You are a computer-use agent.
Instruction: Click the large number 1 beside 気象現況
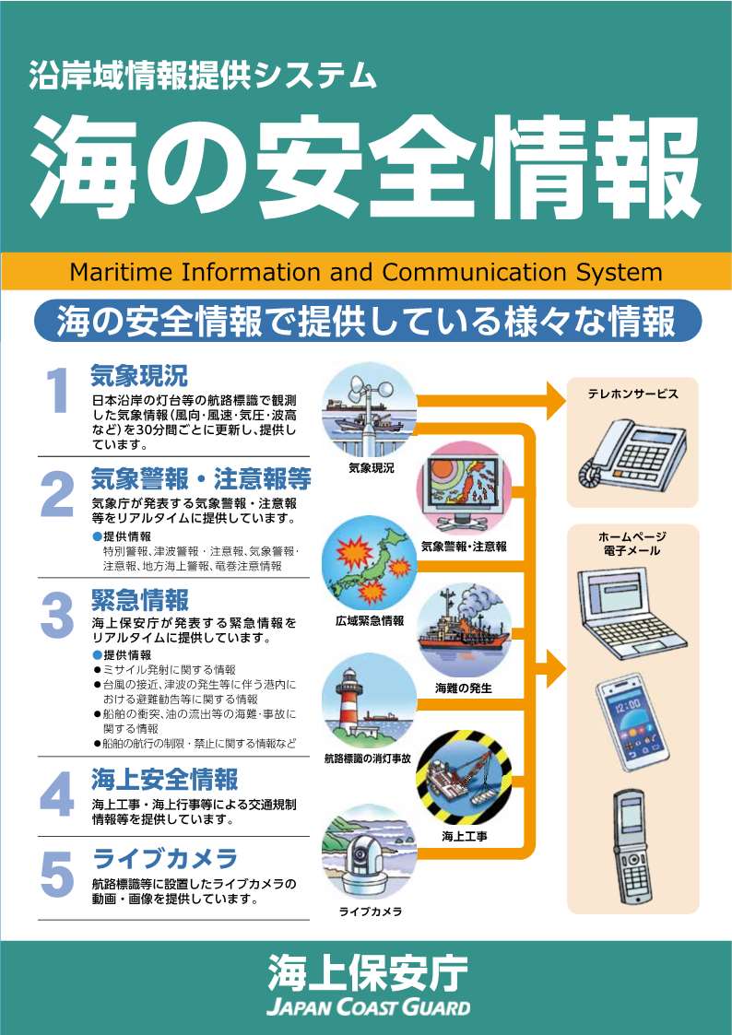[x=59, y=390]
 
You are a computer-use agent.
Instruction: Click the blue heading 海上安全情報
[x=164, y=781]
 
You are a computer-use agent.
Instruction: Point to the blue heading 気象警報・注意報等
[x=201, y=478]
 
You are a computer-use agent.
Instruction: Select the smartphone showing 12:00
[x=632, y=723]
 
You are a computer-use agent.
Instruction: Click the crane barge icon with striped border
[x=464, y=778]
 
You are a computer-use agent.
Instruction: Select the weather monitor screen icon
[x=464, y=489]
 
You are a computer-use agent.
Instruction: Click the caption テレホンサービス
[x=632, y=394]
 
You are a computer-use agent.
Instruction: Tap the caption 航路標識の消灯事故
[x=369, y=759]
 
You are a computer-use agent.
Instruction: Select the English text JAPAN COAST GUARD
[x=369, y=1007]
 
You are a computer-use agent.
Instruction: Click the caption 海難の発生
[x=464, y=688]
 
